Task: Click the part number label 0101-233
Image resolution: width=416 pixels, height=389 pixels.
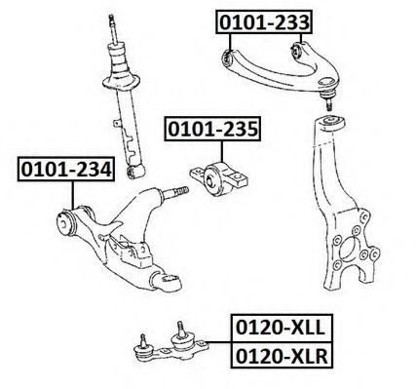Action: pyautogui.click(x=264, y=22)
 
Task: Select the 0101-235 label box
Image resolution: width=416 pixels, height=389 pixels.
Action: pyautogui.click(x=212, y=129)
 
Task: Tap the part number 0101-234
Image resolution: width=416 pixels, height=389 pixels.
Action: pyautogui.click(x=66, y=169)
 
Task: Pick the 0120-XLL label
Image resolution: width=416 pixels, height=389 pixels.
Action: pyautogui.click(x=282, y=328)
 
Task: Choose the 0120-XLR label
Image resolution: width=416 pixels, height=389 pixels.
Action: pyautogui.click(x=282, y=355)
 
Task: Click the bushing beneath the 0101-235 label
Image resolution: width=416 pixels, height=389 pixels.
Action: pyautogui.click(x=216, y=179)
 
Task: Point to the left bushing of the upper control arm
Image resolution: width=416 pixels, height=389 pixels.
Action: pyautogui.click(x=227, y=58)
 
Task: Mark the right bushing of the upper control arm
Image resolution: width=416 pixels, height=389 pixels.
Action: pyautogui.click(x=297, y=51)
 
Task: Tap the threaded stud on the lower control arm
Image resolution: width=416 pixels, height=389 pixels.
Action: pyautogui.click(x=175, y=192)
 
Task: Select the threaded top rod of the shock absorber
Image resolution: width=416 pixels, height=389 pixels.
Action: pyautogui.click(x=113, y=28)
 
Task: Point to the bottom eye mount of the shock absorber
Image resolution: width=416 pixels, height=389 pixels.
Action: pyautogui.click(x=135, y=172)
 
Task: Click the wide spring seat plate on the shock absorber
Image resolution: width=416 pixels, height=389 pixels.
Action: pyautogui.click(x=121, y=82)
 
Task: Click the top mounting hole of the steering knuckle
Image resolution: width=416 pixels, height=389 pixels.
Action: pyautogui.click(x=331, y=122)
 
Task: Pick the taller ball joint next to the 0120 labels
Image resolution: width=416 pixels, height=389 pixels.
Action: pyautogui.click(x=181, y=339)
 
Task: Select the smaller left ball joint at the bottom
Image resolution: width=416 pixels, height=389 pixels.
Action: pyautogui.click(x=143, y=347)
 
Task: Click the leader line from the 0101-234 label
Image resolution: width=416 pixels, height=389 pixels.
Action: pyautogui.click(x=73, y=195)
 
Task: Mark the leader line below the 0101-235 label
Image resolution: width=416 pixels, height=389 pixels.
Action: pyautogui.click(x=222, y=151)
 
